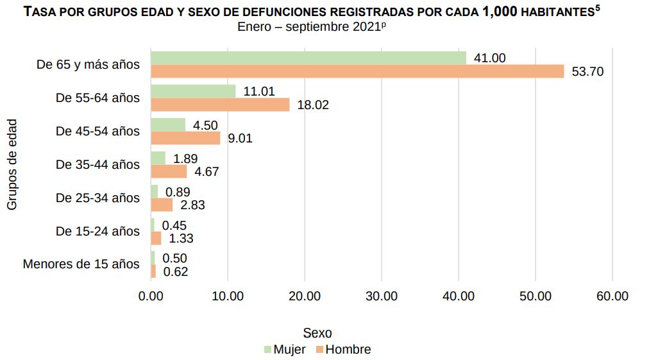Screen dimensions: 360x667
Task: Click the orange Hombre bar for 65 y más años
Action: [x=357, y=71]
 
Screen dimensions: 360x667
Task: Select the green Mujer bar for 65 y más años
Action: [x=308, y=58]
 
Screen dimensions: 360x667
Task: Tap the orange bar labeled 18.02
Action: [x=220, y=105]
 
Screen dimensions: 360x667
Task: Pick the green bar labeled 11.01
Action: [x=193, y=91]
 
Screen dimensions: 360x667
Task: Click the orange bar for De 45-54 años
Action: [x=185, y=138]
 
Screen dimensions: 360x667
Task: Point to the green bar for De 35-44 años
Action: [x=158, y=158]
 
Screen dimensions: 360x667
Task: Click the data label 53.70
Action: [x=587, y=72]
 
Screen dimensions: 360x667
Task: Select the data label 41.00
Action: [x=489, y=58]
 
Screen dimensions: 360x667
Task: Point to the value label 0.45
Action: [x=174, y=225]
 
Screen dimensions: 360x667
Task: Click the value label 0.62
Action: [x=175, y=271]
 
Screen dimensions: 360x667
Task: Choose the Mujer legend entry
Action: [x=285, y=350]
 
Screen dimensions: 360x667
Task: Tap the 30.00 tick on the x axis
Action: [x=382, y=296]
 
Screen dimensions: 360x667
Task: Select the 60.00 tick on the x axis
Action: [x=612, y=296]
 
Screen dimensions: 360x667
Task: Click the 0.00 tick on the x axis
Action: [x=151, y=296]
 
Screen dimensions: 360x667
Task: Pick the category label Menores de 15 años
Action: [x=81, y=264]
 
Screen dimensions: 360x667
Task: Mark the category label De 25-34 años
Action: [x=97, y=198]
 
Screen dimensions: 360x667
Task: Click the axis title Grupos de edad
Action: [x=12, y=164]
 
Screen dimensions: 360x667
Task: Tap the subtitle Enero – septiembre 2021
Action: [x=314, y=27]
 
